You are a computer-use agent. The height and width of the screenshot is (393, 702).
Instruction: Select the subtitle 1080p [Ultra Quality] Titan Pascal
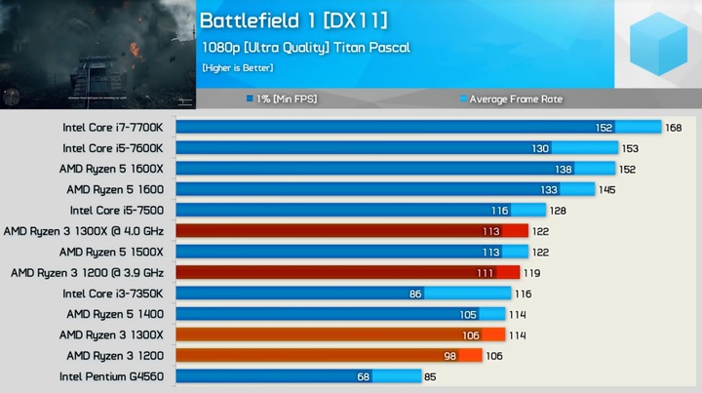[306, 47]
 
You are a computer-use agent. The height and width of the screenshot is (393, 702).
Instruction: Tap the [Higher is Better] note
[238, 68]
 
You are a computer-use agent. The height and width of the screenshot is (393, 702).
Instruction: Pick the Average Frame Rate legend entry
[515, 98]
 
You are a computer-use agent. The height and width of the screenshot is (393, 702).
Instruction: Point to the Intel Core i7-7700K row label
[114, 127]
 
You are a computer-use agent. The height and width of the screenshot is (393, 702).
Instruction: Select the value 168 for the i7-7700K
[673, 127]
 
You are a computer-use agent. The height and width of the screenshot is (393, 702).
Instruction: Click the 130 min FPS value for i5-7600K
[539, 148]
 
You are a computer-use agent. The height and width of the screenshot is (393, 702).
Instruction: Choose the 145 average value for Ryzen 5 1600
[606, 189]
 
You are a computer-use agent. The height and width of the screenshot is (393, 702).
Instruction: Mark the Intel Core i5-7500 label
[117, 210]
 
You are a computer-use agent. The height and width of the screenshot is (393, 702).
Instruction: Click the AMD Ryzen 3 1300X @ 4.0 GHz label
[90, 231]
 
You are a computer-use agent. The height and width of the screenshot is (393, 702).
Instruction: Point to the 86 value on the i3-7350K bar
[415, 293]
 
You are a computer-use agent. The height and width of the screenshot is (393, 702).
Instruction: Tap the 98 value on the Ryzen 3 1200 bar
[449, 356]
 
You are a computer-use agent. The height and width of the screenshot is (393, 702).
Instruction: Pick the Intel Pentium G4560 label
[111, 376]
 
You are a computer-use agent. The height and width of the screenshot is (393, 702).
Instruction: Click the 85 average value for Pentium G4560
[428, 376]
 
